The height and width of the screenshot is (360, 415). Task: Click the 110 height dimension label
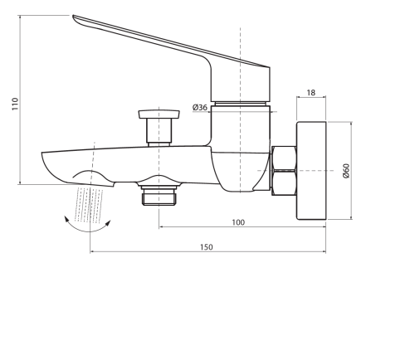coord(15,104)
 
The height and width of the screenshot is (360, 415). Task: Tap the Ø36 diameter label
coord(200,107)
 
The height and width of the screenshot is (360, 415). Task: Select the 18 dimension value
coord(311,93)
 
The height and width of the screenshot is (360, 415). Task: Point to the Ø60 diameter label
coord(346,171)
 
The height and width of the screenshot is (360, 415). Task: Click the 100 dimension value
coord(238,222)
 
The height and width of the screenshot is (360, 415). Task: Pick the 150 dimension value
coord(207,247)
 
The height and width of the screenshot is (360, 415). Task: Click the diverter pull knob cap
coord(159,114)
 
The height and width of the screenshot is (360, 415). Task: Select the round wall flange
coord(311,171)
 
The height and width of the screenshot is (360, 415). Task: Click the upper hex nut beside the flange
coord(284,158)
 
